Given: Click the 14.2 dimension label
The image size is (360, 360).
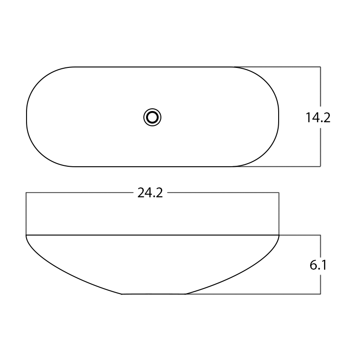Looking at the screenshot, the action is point(318,118).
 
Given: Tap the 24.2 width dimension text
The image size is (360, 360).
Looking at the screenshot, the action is point(150,193).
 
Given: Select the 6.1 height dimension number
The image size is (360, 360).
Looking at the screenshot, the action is point(318,265).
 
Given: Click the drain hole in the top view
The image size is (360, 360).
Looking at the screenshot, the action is point(152,117).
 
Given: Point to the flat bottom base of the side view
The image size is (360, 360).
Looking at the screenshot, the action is point(153,294).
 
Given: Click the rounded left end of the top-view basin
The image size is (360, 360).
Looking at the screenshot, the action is point(27,117).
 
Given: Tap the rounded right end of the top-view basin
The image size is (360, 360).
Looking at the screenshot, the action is point(279,117).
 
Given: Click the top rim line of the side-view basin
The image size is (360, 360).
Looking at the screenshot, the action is point(152,235).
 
